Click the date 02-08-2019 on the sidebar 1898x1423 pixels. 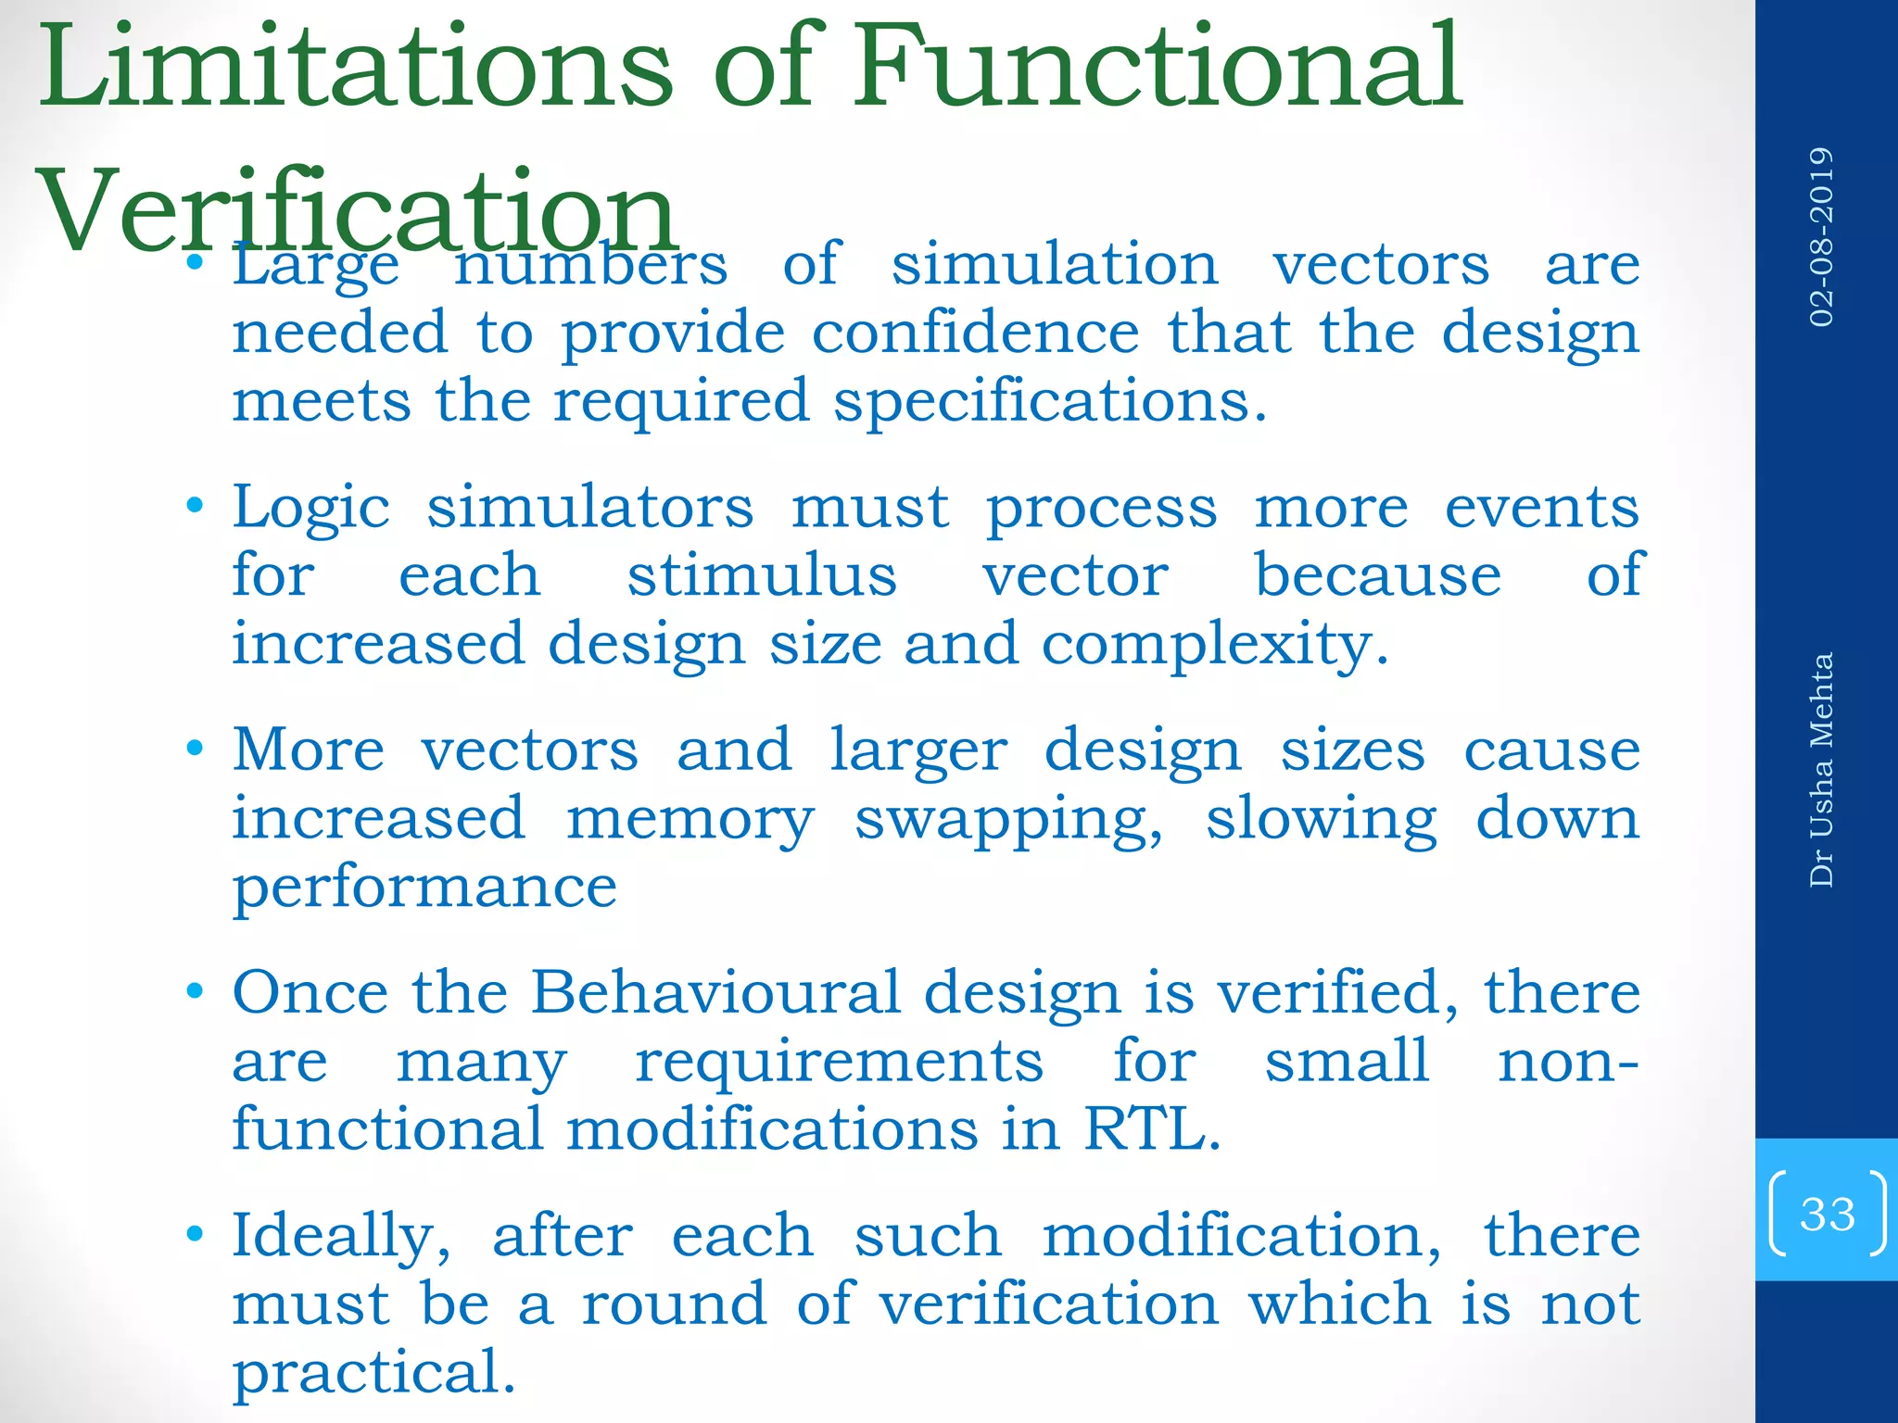click(1821, 236)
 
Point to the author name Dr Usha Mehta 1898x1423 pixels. click(1821, 770)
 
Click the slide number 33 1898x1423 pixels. click(1827, 1214)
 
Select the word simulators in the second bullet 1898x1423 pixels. click(589, 509)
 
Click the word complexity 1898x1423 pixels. click(1214, 646)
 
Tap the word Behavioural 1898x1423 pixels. click(715, 993)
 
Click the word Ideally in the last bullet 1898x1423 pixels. click(342, 1238)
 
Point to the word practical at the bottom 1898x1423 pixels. click(373, 1374)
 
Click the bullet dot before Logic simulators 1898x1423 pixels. click(194, 507)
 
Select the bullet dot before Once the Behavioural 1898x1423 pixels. click(194, 992)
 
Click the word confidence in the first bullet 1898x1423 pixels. click(975, 333)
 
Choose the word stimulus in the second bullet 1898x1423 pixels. click(762, 576)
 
